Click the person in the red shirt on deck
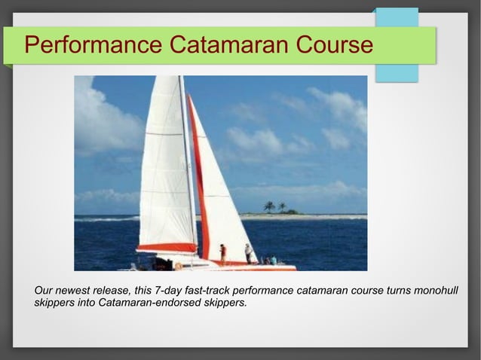[x=222, y=252]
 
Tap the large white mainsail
[x=167, y=166]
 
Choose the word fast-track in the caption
[x=208, y=291]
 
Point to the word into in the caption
[x=87, y=304]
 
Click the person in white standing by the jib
[x=247, y=252]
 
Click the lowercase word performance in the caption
[x=263, y=291]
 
